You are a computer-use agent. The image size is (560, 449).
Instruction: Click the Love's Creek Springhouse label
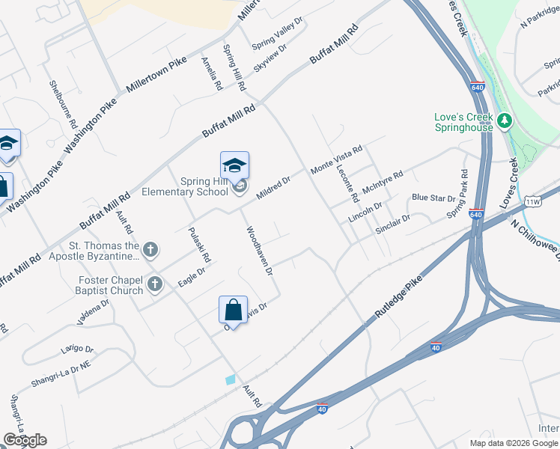(x=463, y=122)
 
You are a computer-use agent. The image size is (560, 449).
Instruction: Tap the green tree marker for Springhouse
(x=505, y=120)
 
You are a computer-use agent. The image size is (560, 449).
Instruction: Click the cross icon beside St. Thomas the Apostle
(x=150, y=249)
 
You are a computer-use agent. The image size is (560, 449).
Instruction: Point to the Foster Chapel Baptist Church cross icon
(x=155, y=284)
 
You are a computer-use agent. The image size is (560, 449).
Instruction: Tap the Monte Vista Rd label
(x=336, y=160)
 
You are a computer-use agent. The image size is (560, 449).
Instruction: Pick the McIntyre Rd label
(x=382, y=184)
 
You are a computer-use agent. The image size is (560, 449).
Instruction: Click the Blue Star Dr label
(x=433, y=198)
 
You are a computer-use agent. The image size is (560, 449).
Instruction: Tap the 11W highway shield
(x=533, y=201)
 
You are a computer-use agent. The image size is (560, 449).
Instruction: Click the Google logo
(x=25, y=440)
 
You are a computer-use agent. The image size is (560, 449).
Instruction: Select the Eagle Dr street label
(x=192, y=277)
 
